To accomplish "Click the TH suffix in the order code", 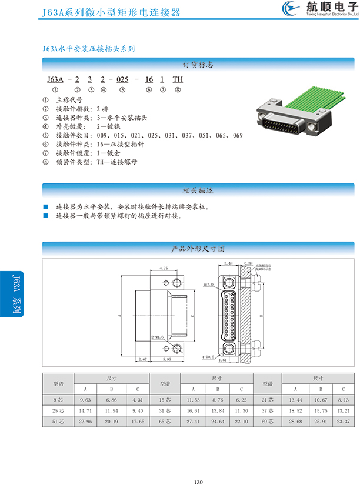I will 178,79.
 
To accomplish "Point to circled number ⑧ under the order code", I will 178,90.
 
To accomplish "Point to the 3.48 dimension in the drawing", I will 229,263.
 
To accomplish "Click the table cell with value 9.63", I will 85,400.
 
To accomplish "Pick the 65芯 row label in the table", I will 165,422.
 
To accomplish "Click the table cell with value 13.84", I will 217,411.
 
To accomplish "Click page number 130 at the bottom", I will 198,466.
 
